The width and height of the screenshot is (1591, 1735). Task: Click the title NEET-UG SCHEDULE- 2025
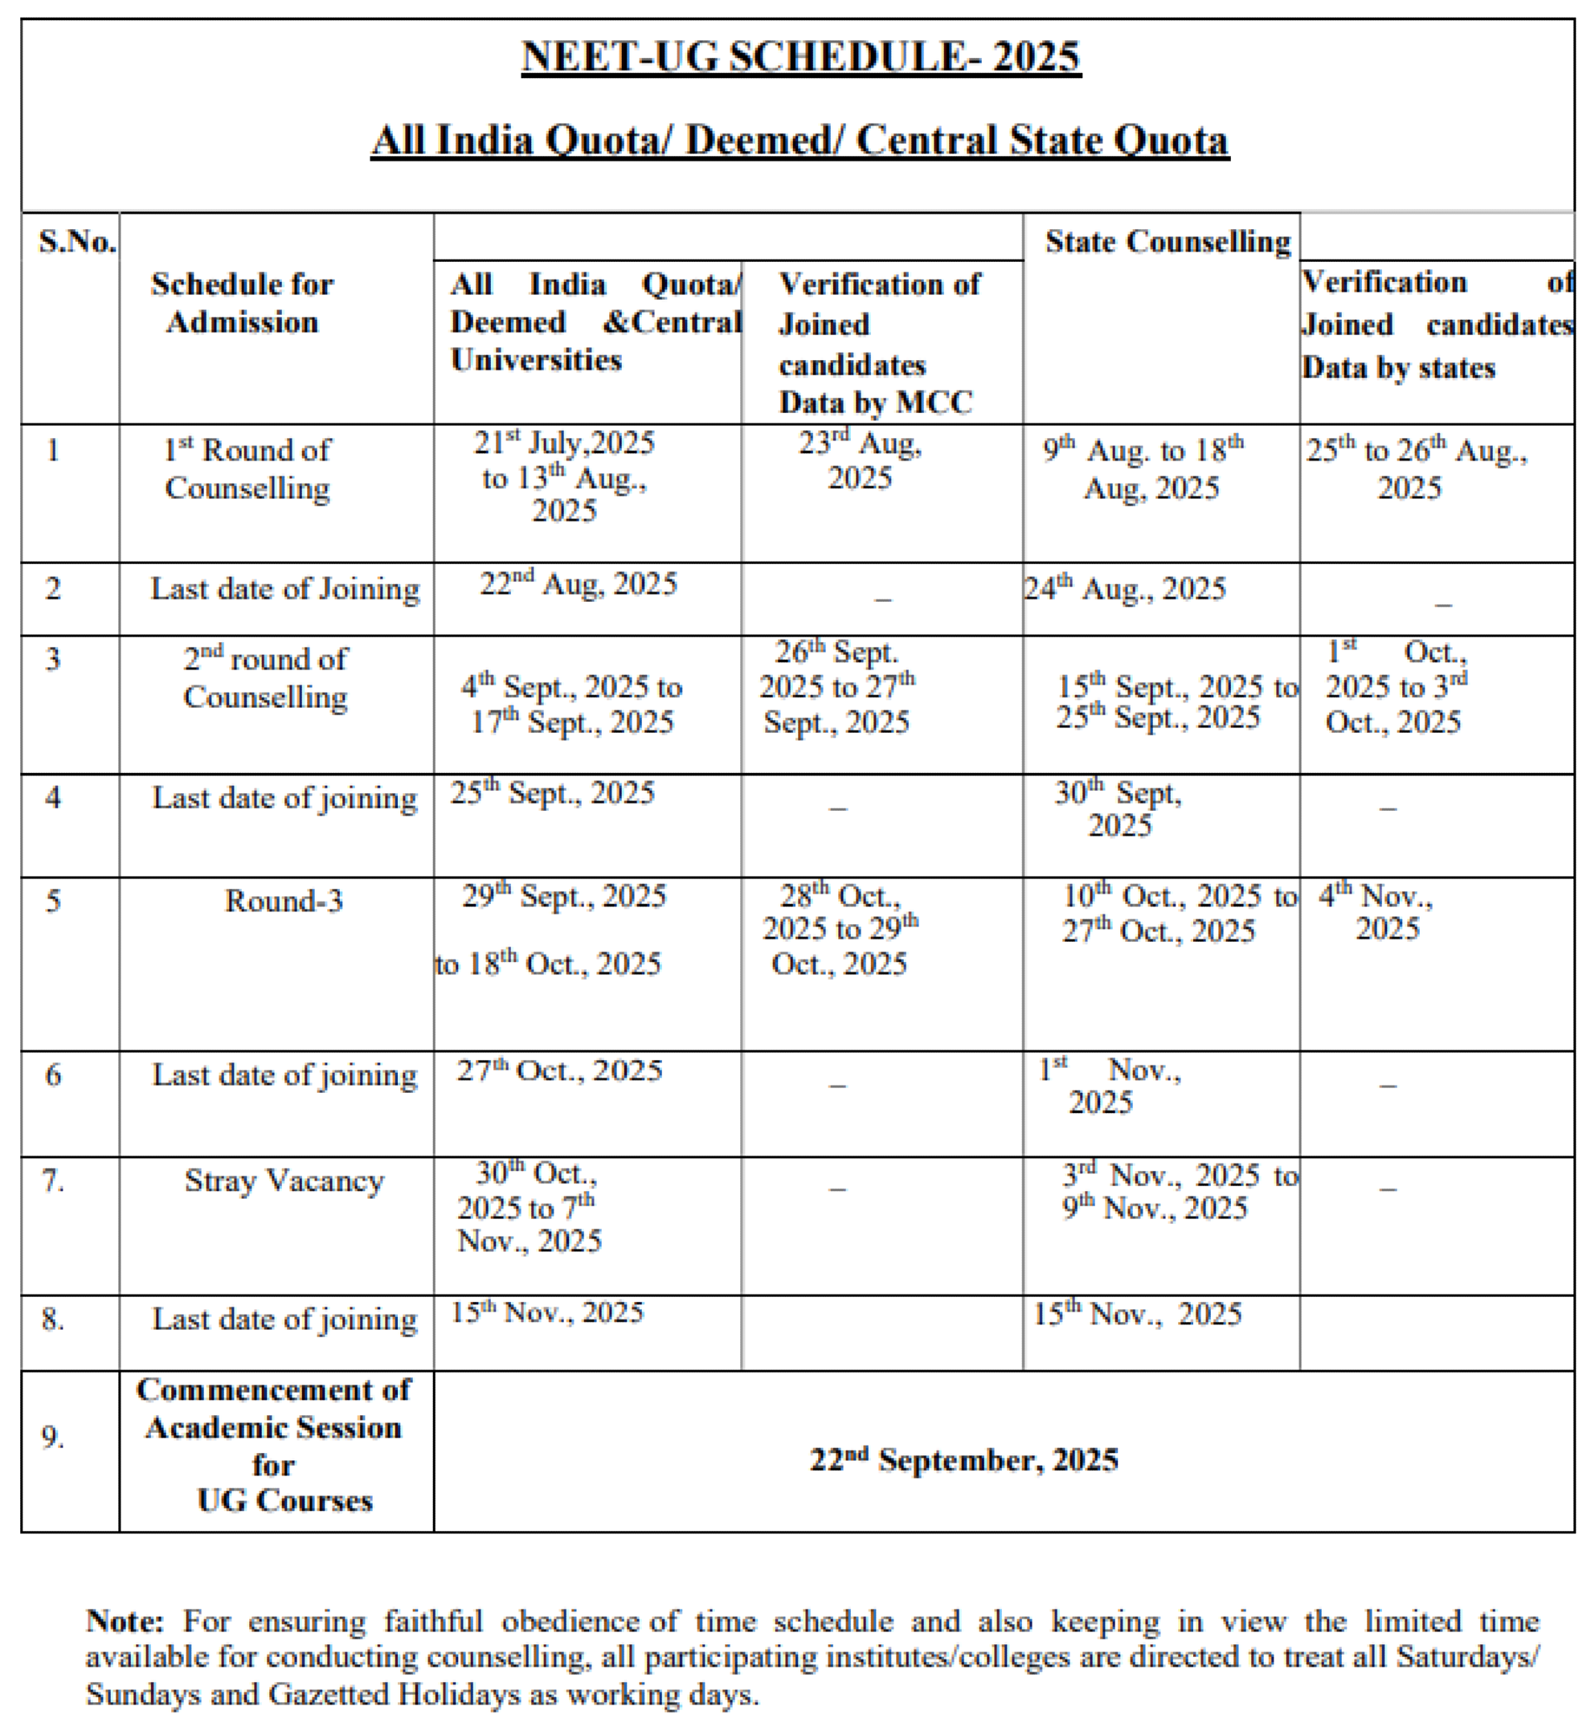click(x=800, y=57)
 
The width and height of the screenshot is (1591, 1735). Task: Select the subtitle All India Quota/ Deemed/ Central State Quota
click(x=800, y=141)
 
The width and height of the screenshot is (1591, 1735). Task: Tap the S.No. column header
click(x=76, y=242)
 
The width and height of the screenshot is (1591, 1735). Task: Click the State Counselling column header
click(x=1168, y=242)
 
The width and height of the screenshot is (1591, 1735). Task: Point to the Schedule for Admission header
click(x=242, y=303)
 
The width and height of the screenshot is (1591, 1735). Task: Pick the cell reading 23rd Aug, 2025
click(x=860, y=460)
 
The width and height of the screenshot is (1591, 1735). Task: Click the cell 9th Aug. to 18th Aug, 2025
click(x=1144, y=469)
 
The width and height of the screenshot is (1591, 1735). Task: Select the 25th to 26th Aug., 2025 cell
click(x=1416, y=469)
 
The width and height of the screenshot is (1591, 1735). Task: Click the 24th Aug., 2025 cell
click(x=1124, y=589)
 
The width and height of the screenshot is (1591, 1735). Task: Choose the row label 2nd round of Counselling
click(x=265, y=678)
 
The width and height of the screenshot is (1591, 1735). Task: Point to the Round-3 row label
click(x=284, y=901)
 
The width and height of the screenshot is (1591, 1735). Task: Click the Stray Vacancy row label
click(x=284, y=1181)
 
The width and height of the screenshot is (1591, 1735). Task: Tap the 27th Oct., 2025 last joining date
click(x=559, y=1070)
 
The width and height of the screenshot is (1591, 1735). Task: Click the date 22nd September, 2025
click(x=963, y=1460)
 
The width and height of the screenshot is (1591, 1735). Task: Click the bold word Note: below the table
click(x=125, y=1622)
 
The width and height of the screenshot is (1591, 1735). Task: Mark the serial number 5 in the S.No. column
click(x=53, y=902)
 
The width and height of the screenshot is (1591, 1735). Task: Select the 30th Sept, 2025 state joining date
click(x=1119, y=809)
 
